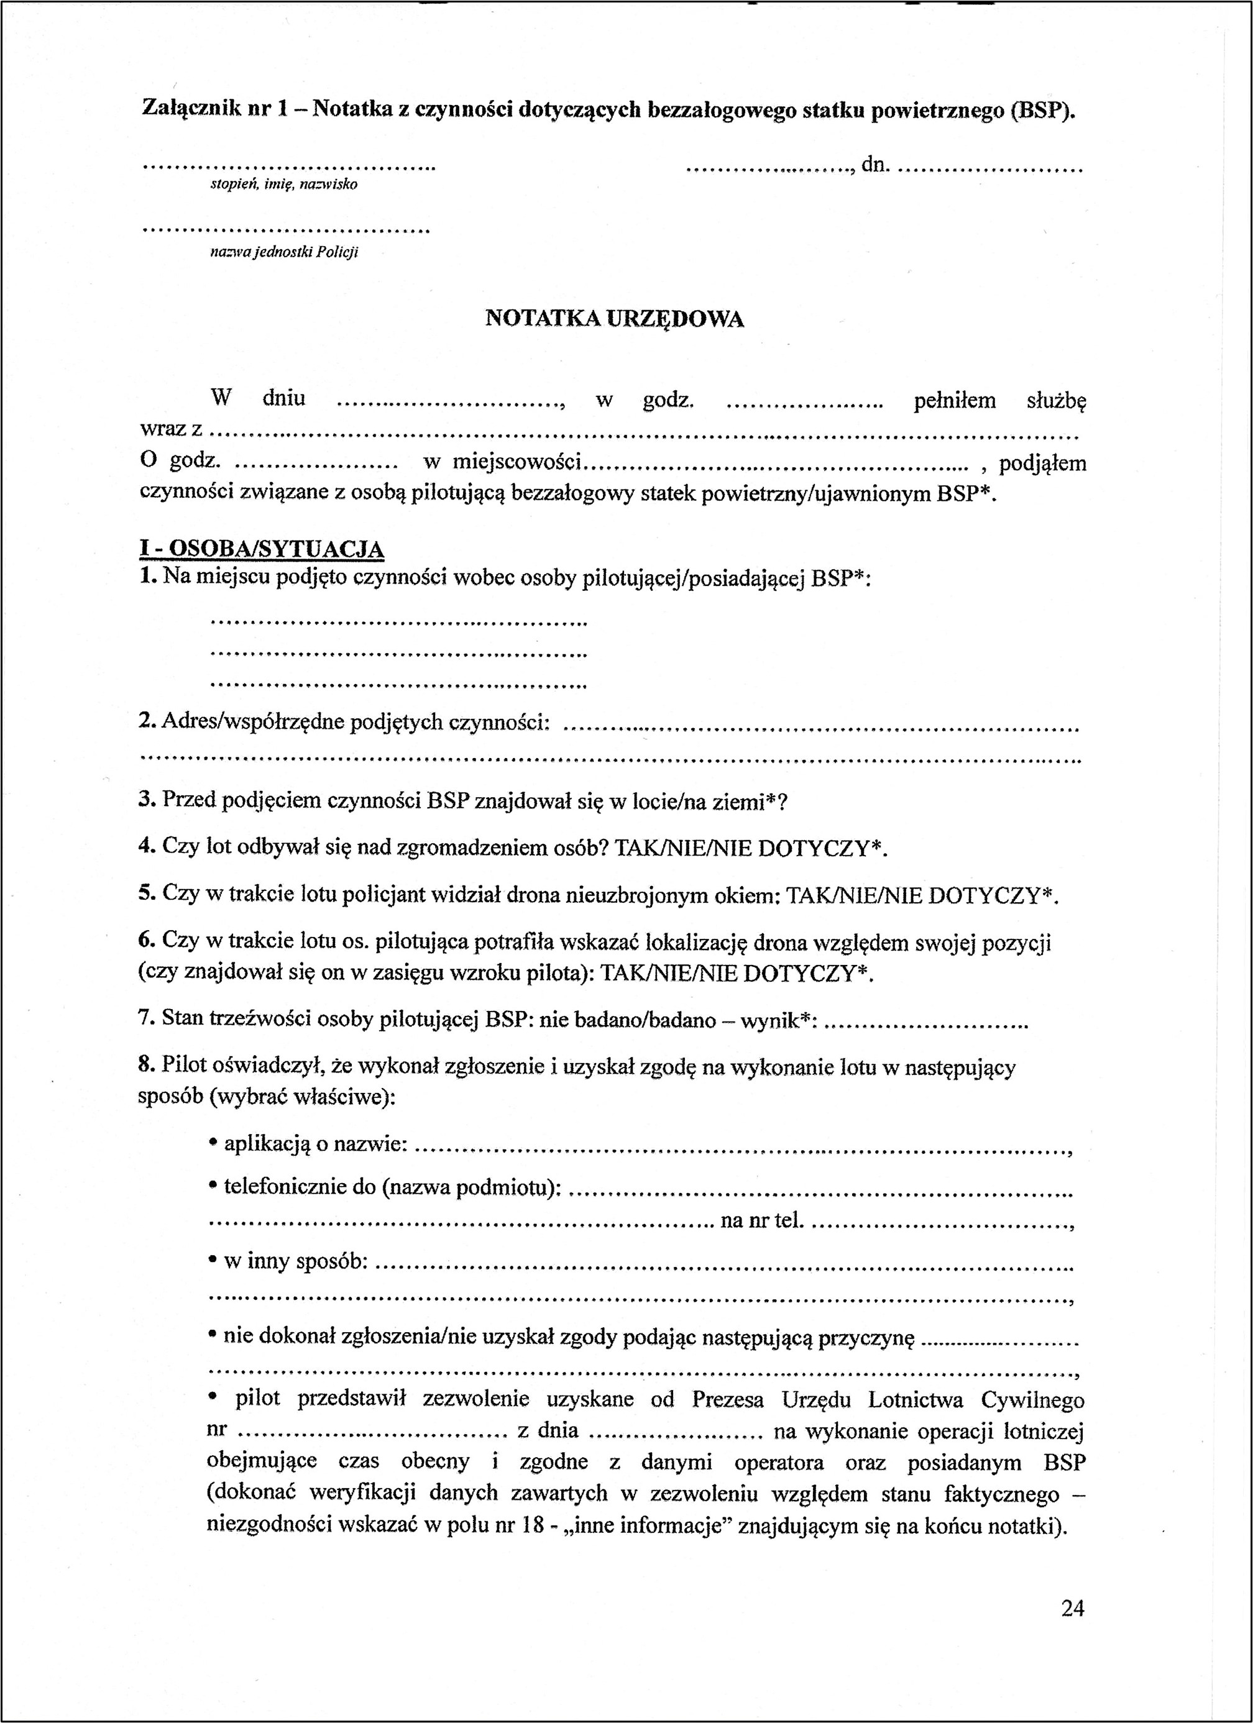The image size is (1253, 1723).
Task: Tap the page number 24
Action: coord(1072,1607)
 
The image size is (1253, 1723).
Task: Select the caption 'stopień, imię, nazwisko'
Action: coord(284,185)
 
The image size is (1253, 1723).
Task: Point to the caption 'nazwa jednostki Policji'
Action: coord(284,252)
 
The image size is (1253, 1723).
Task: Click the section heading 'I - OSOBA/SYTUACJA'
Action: coord(262,549)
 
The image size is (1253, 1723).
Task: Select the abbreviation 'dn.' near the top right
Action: coord(874,164)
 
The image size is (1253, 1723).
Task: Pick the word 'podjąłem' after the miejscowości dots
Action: coord(1042,463)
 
